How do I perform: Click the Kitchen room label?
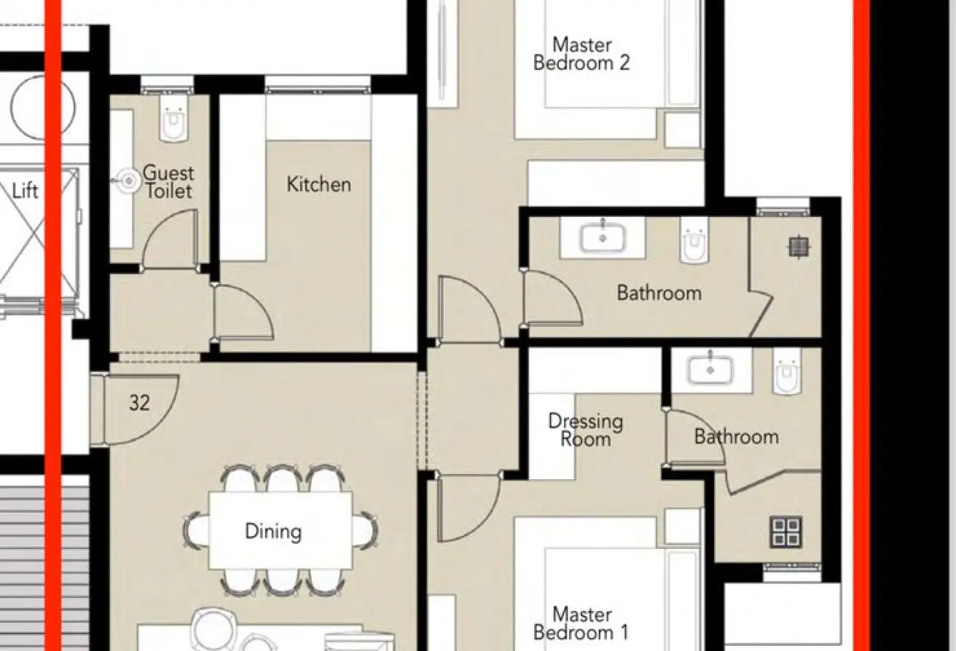(319, 184)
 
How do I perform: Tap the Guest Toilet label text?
(168, 182)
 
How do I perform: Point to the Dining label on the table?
(273, 532)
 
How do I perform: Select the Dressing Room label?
(586, 430)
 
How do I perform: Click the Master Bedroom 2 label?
(581, 54)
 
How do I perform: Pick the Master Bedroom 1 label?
(581, 623)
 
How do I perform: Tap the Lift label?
(26, 191)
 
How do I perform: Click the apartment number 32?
(140, 403)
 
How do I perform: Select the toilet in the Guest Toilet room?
(173, 118)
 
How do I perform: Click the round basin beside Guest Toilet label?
(128, 181)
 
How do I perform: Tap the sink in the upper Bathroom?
(603, 237)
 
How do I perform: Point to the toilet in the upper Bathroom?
(694, 240)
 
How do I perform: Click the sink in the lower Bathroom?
(710, 369)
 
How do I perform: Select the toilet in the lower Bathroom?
(788, 371)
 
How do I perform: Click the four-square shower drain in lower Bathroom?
(785, 532)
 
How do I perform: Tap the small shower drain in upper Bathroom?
(798, 247)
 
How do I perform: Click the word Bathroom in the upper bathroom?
(659, 293)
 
